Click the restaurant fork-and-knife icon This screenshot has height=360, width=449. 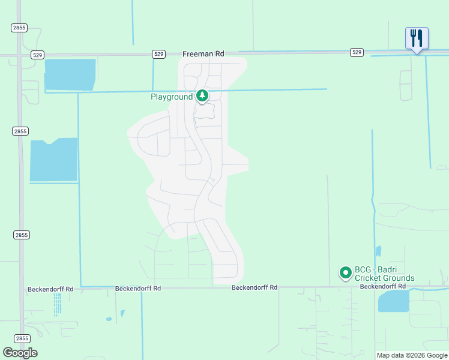coord(417,38)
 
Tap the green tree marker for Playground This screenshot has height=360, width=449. coord(203,96)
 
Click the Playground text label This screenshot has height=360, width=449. coord(172,97)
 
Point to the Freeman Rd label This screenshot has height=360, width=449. coord(203,54)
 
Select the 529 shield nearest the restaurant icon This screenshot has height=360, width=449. coord(357,53)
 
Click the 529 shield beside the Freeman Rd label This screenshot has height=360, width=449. coord(158,54)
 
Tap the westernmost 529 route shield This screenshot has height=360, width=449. coord(37,55)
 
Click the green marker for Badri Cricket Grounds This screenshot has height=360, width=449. coord(346,274)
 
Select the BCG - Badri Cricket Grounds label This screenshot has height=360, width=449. coord(384,274)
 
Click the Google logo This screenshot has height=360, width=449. coord(20,353)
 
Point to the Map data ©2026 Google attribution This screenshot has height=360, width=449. coord(412,355)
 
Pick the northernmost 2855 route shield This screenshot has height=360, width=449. coord(17,28)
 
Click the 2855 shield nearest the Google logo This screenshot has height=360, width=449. coord(21,338)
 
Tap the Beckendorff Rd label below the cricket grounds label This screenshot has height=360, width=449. coord(384,287)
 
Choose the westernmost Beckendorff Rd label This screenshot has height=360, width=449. coord(50,289)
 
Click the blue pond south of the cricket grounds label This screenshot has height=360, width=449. coord(393,301)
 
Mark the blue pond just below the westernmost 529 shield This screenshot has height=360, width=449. coord(70,74)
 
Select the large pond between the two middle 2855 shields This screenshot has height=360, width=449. coord(54,160)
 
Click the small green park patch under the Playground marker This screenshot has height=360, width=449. coord(205,111)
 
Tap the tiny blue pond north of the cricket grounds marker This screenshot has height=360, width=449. coord(378,251)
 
